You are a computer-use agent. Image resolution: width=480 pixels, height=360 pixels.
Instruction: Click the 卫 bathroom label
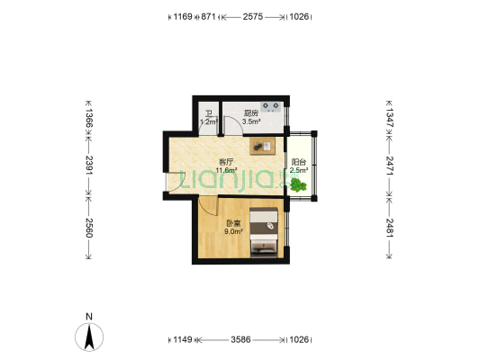(x=208, y=113)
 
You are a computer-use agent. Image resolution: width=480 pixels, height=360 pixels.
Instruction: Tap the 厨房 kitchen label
(x=251, y=113)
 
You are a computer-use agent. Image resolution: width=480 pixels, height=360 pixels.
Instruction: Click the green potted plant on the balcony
(x=298, y=184)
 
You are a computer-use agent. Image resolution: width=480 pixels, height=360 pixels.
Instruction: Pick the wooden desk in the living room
(x=262, y=145)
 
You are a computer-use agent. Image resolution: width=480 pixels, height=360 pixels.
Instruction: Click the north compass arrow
(x=89, y=337)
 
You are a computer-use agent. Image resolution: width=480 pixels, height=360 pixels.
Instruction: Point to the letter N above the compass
(x=89, y=317)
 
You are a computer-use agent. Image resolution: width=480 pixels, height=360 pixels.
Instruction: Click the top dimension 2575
(x=253, y=16)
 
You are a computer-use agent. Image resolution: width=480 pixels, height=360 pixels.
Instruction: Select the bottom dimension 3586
(x=240, y=339)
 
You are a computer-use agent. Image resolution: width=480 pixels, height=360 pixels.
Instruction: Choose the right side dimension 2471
(x=389, y=165)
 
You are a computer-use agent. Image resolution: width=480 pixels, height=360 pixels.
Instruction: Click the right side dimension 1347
(x=389, y=116)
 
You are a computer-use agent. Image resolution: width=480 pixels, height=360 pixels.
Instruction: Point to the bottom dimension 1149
(x=182, y=339)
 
